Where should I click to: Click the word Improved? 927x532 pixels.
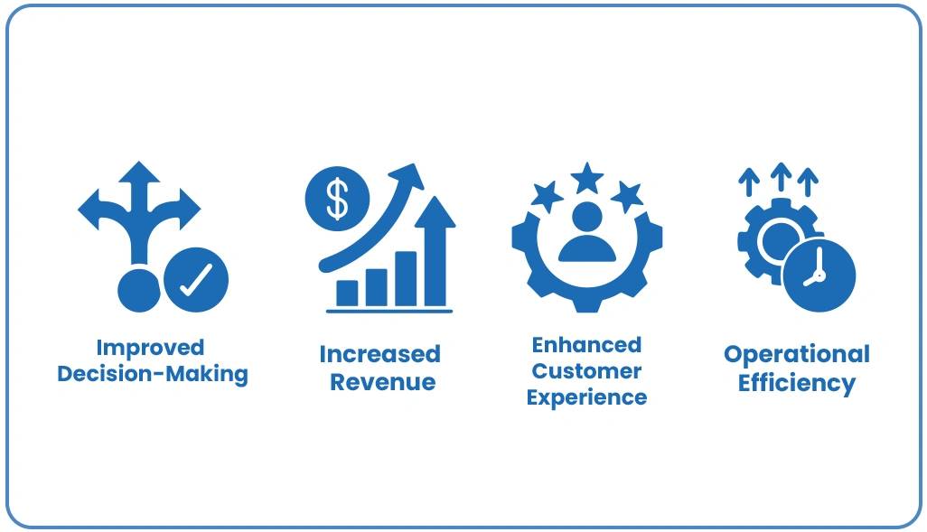point(150,348)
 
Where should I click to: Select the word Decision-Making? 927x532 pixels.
point(153,375)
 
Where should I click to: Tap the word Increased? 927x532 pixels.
point(380,354)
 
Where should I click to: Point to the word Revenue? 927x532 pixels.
point(382,382)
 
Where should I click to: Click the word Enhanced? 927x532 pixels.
point(586,345)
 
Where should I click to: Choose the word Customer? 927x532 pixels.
point(586,371)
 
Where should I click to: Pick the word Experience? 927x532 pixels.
point(586,397)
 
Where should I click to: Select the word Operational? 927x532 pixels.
point(797,355)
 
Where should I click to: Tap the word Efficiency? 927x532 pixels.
point(797,383)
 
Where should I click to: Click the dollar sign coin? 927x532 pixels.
point(338,199)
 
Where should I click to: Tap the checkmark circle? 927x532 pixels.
point(196,280)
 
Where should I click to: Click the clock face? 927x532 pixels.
point(819,275)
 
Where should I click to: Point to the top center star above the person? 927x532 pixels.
point(587,177)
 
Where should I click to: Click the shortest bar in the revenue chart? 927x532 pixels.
point(347,294)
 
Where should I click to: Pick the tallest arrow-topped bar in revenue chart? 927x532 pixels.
point(435,251)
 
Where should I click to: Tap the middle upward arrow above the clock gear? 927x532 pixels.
point(781,177)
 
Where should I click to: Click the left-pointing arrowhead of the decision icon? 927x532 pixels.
point(89,210)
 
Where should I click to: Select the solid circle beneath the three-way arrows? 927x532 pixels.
point(139,291)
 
